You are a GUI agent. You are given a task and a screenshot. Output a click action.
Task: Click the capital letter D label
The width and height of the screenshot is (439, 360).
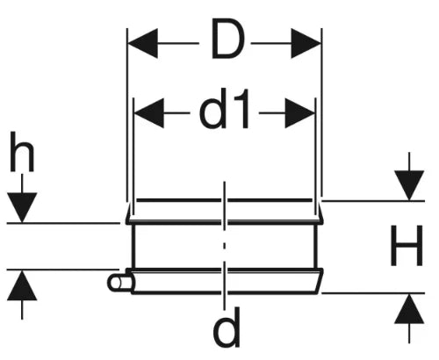tap(227, 39)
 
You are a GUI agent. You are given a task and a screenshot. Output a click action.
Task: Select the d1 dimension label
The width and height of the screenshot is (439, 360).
tap(224, 109)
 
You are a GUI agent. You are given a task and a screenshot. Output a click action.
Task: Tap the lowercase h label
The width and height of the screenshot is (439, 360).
tap(22, 152)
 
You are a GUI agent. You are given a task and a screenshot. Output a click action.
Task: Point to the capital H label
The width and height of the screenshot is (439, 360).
tap(407, 245)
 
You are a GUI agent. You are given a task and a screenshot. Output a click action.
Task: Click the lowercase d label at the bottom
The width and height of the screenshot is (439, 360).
tap(227, 327)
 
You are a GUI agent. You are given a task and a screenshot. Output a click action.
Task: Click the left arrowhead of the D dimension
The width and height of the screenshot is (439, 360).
tap(143, 43)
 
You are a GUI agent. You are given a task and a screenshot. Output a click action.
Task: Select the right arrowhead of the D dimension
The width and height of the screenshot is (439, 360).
tap(306, 43)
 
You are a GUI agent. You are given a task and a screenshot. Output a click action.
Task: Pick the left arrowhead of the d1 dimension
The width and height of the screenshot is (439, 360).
tap(149, 113)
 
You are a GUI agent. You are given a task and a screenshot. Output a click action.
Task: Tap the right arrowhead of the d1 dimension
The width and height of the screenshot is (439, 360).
tap(299, 113)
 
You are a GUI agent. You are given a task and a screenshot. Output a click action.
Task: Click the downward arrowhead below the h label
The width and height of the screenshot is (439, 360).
tap(22, 207)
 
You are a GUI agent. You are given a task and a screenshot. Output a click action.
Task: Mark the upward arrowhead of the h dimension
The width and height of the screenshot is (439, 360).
tap(22, 285)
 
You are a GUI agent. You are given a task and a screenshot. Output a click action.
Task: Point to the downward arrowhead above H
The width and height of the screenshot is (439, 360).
tap(409, 185)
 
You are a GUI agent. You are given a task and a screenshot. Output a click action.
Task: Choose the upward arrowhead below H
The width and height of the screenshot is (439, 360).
tap(409, 308)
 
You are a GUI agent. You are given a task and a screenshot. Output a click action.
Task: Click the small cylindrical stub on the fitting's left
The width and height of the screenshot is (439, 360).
tap(120, 283)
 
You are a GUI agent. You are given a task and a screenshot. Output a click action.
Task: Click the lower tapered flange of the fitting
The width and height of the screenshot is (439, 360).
tap(225, 281)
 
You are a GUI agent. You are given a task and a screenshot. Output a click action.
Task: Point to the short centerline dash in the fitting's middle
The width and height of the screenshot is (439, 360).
tap(225, 245)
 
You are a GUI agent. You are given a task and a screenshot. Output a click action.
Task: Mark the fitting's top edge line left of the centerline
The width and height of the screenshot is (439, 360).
tap(178, 200)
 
